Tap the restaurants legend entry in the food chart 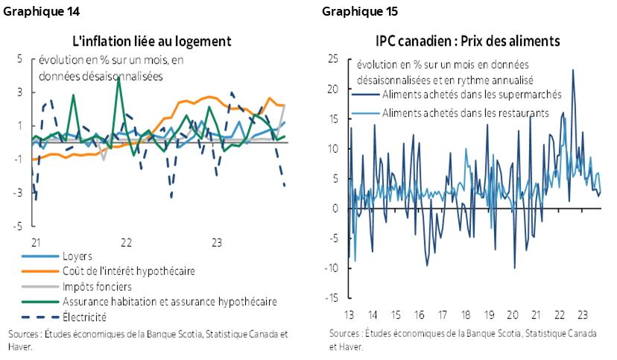pyautogui.click(x=465, y=113)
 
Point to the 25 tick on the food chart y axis pyautogui.click(x=333, y=59)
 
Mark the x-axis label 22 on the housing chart pyautogui.click(x=126, y=242)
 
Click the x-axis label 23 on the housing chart pyautogui.click(x=217, y=242)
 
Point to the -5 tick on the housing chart pyautogui.click(x=20, y=226)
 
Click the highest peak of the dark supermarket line pyautogui.click(x=572, y=70)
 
